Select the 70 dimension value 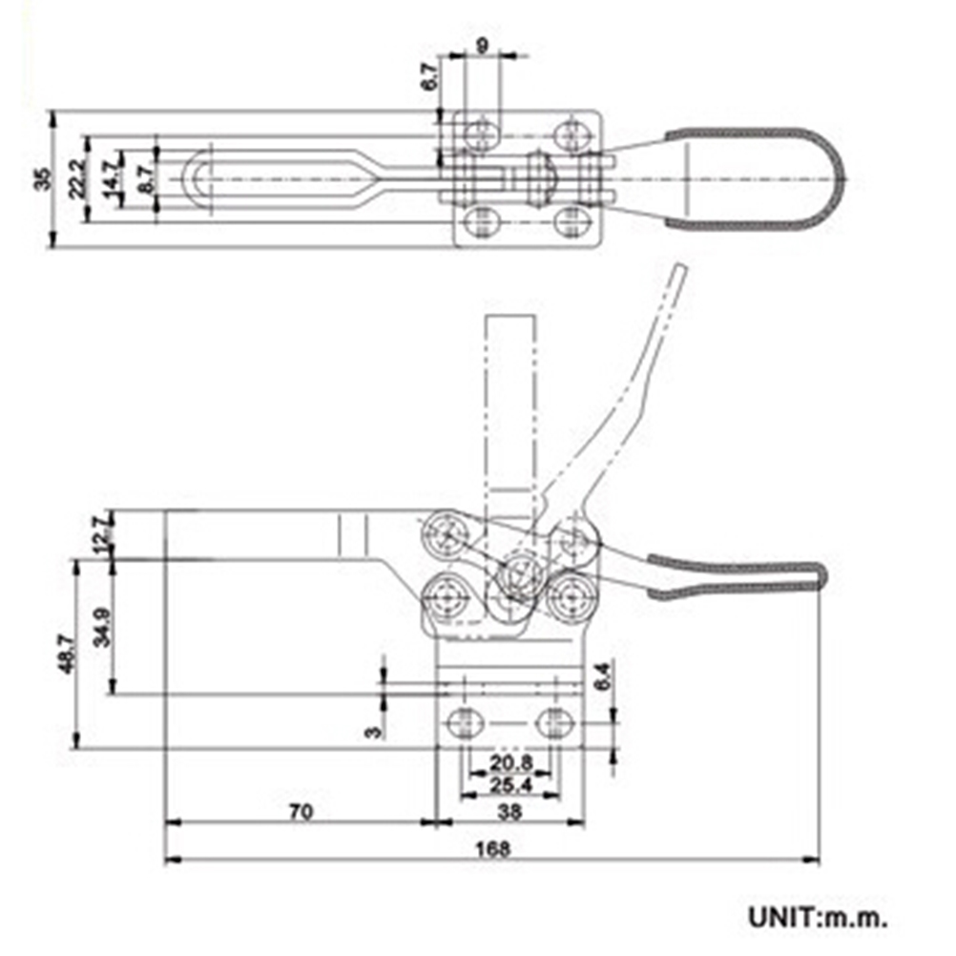pos(301,812)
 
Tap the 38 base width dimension pos(510,812)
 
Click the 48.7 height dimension pos(66,655)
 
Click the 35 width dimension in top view pos(42,179)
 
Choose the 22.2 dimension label pos(78,178)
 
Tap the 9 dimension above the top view pos(483,44)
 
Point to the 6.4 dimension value pos(600,676)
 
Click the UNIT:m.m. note pos(818,919)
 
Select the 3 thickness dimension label pos(373,732)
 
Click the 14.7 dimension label pos(112,178)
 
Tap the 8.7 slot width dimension pos(145,178)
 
